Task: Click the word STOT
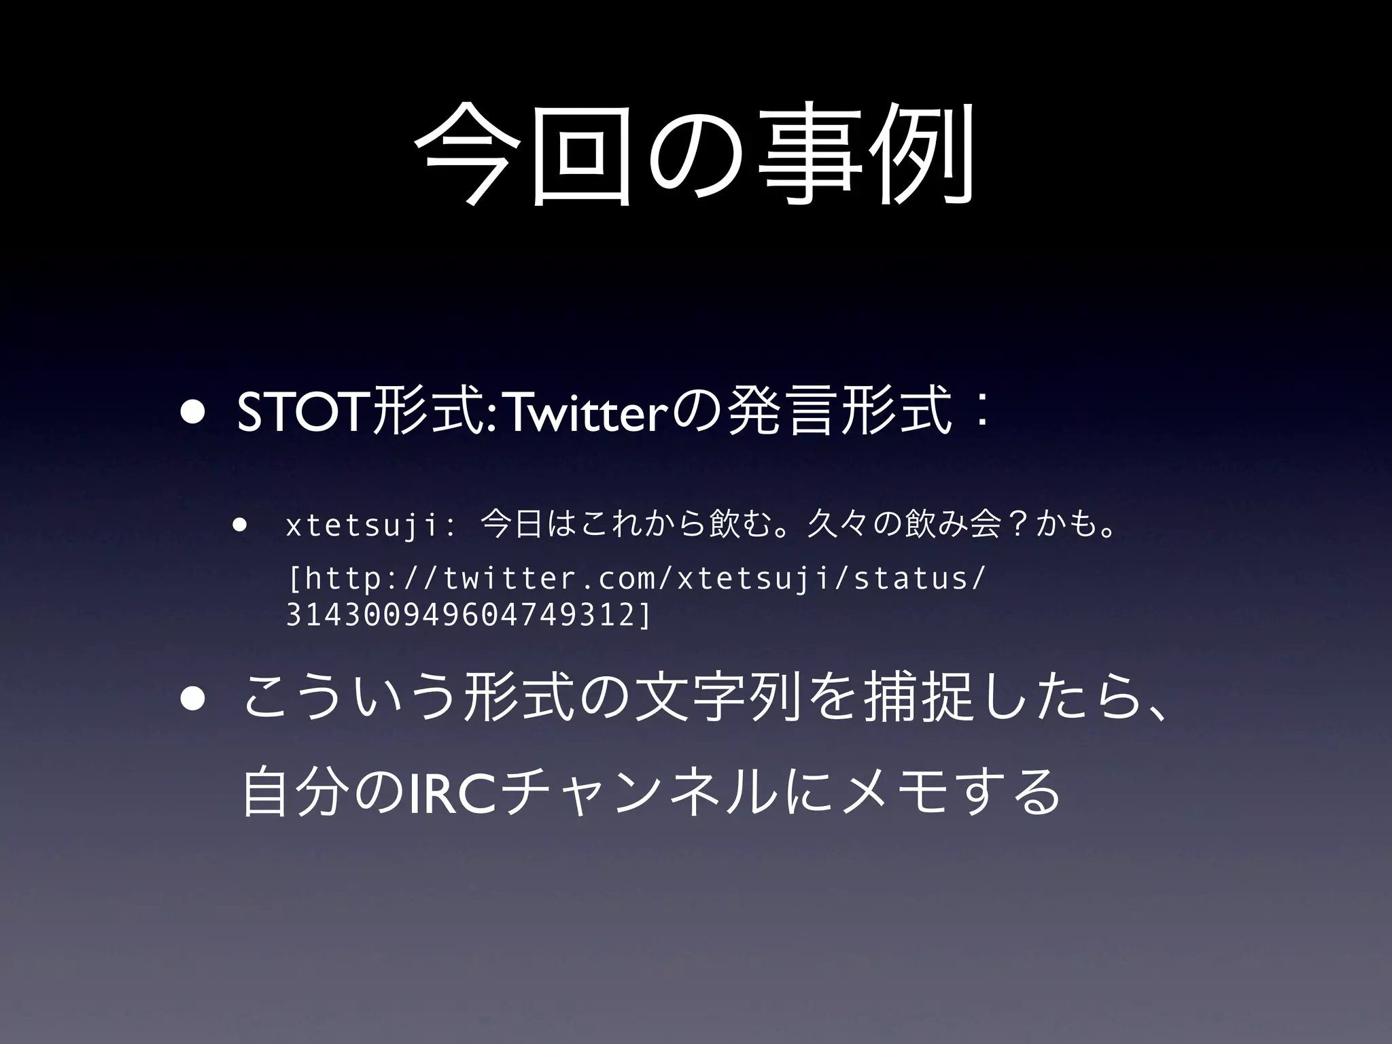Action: point(302,414)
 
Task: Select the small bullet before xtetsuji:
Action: point(239,525)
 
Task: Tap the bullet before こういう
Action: point(192,701)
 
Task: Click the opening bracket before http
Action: point(294,580)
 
